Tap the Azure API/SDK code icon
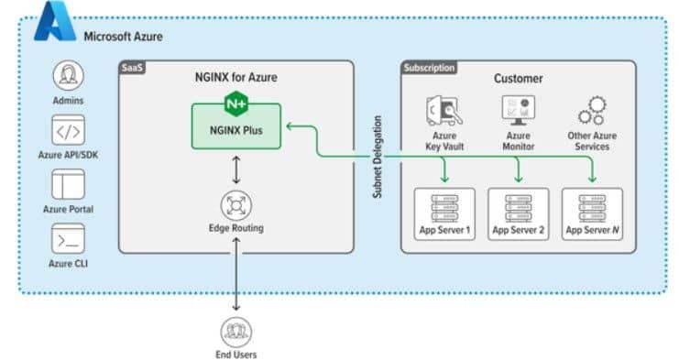[x=68, y=132]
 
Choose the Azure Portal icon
[x=68, y=187]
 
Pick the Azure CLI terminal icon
[x=68, y=240]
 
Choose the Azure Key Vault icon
[x=444, y=112]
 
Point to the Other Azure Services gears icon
[x=591, y=112]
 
